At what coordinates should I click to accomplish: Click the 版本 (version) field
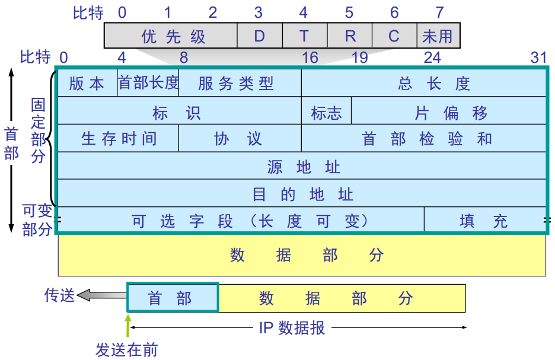pyautogui.click(x=87, y=83)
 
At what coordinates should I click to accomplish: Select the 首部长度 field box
pyautogui.click(x=148, y=83)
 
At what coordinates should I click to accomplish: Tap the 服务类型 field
pyautogui.click(x=240, y=83)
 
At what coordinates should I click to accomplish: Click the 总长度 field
pyautogui.click(x=423, y=83)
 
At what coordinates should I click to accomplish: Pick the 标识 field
pyautogui.click(x=183, y=111)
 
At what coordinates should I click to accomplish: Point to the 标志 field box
pyautogui.click(x=326, y=111)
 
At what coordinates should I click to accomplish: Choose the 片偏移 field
pyautogui.click(x=449, y=111)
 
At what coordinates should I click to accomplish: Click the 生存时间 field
pyautogui.click(x=118, y=139)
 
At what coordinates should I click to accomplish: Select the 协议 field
pyautogui.click(x=240, y=139)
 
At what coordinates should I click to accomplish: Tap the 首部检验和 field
pyautogui.click(x=423, y=139)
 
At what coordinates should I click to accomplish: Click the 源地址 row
pyautogui.click(x=302, y=167)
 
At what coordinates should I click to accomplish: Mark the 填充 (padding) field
pyautogui.click(x=484, y=221)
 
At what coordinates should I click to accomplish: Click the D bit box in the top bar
pyautogui.click(x=259, y=36)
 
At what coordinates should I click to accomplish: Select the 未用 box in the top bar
pyautogui.click(x=438, y=36)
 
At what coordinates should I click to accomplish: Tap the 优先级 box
pyautogui.click(x=171, y=36)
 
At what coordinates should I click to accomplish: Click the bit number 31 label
pyautogui.click(x=538, y=57)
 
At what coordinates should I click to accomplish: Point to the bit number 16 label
pyautogui.click(x=310, y=57)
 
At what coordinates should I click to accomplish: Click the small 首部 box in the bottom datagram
pyautogui.click(x=173, y=298)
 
